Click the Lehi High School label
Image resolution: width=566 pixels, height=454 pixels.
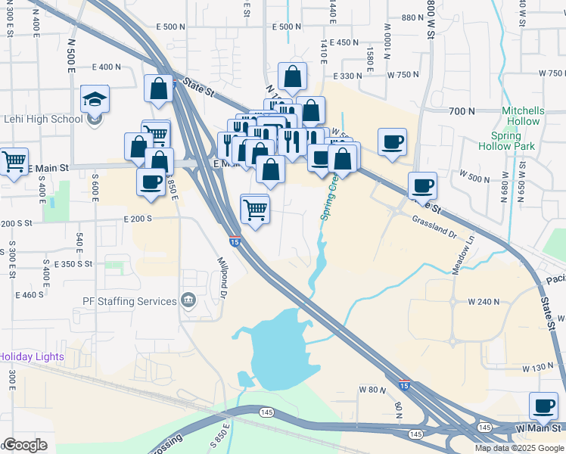43,119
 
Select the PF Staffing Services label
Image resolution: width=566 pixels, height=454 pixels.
129,301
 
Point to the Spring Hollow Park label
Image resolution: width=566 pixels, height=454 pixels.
507,140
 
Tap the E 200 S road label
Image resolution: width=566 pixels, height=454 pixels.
138,218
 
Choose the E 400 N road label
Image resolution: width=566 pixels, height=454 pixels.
105,67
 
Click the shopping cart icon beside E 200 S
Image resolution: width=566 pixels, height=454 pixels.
255,209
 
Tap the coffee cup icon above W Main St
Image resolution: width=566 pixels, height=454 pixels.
543,406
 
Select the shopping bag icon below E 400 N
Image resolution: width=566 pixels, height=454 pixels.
159,89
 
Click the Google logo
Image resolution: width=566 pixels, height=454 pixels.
24,445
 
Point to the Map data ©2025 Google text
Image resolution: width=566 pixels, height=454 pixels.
519,448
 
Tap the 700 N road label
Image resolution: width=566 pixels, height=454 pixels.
461,111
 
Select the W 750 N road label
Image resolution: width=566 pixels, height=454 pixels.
403,75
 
